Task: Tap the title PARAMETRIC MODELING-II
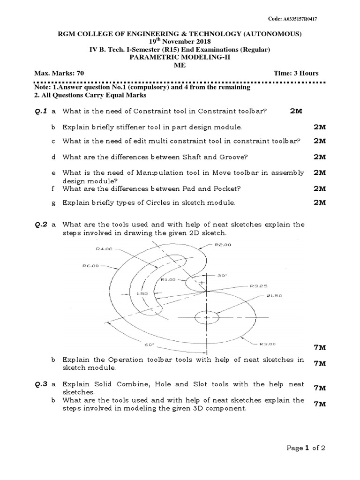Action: pos(180,58)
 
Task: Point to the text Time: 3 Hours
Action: pos(296,73)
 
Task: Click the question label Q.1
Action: pos(41,112)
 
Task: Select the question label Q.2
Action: pos(41,225)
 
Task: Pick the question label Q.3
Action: pos(41,384)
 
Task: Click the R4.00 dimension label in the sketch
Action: pos(104,249)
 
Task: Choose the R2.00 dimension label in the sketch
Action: pos(223,245)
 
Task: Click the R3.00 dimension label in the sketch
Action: pos(268,344)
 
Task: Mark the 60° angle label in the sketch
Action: pos(149,345)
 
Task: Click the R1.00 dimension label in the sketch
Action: pos(168,279)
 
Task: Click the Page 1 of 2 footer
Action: pos(306,448)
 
